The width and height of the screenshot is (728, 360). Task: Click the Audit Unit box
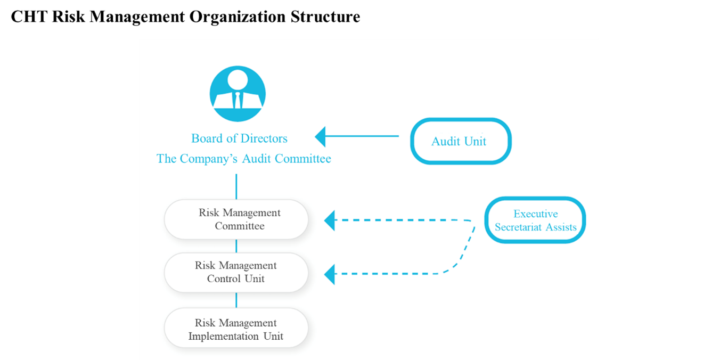coord(460,141)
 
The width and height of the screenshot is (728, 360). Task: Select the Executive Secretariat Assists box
coord(535,220)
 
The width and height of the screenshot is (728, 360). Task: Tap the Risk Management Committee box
coord(236,219)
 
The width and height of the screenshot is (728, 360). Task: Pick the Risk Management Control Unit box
coord(236,272)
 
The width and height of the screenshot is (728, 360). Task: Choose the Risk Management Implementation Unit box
coord(236,330)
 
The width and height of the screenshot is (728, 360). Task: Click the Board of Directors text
coord(239,138)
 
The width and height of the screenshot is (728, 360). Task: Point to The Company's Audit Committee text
coord(243,159)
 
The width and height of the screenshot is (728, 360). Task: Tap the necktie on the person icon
coord(238,100)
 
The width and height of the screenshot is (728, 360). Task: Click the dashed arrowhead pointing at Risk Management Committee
coord(330,220)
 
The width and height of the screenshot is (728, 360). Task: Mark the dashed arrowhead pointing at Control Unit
coord(330,274)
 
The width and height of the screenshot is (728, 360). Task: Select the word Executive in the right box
coord(535,214)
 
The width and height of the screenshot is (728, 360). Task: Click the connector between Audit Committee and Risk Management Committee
coord(236,186)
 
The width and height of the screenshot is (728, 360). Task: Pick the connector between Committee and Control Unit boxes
coord(236,246)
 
